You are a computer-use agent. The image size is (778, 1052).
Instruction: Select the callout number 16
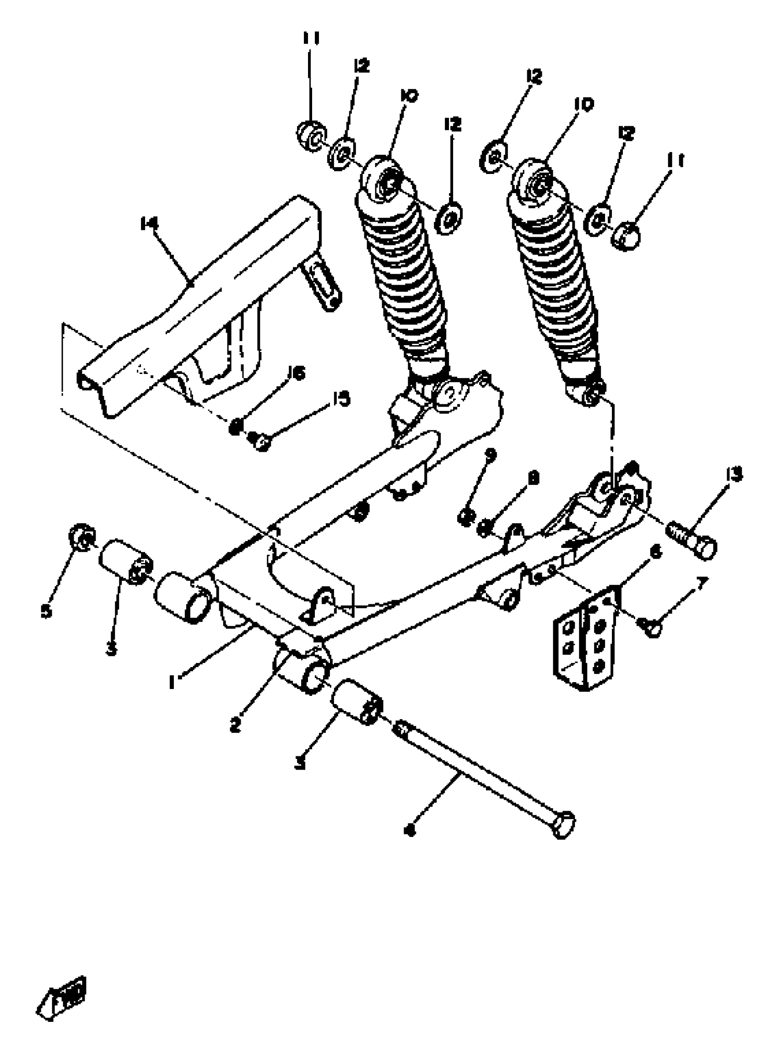point(297,374)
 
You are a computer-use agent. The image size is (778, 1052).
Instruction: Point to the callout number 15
point(341,399)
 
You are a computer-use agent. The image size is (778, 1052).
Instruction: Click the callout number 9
point(491,455)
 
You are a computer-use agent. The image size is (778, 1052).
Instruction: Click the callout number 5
point(46,612)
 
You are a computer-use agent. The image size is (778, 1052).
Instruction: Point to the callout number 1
point(173,681)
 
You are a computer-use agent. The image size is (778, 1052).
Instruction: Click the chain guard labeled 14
point(198,302)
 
